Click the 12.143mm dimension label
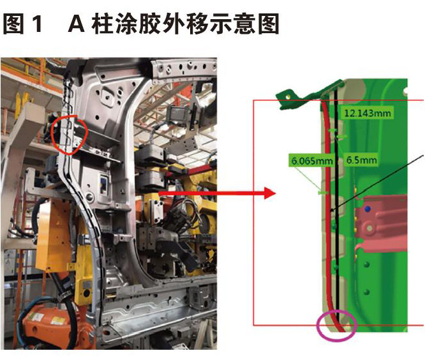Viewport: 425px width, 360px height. [x=368, y=113]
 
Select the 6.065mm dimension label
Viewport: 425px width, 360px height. [x=311, y=161]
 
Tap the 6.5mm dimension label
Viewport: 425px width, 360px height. [x=362, y=160]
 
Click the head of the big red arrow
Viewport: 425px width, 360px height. [x=270, y=193]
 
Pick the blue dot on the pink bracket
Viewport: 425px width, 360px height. [x=368, y=209]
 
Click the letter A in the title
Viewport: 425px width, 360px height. [x=77, y=24]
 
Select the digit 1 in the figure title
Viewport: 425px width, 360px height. [x=37, y=24]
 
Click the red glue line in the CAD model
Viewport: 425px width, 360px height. [x=327, y=217]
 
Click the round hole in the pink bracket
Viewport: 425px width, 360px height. [x=369, y=227]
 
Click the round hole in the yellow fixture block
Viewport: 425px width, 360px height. [x=87, y=294]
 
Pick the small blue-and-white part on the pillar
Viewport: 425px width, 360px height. [x=103, y=184]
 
